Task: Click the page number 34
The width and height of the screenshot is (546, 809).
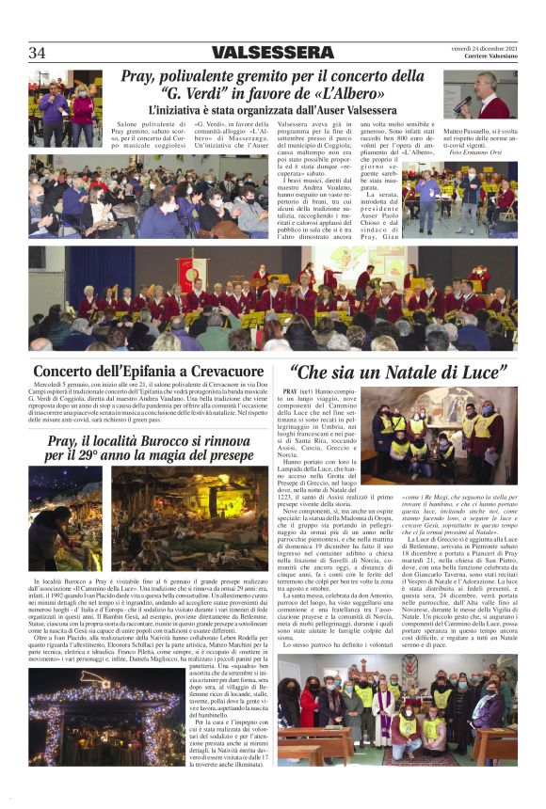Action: pos(38,53)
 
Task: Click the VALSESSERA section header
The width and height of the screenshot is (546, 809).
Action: pos(272,53)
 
